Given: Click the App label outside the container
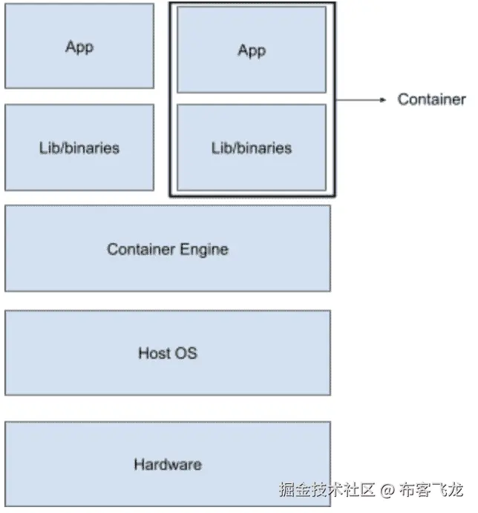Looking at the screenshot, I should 79,47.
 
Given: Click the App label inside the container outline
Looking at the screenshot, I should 252,50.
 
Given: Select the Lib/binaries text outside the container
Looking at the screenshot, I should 79,148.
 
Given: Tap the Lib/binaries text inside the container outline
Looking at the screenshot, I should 252,148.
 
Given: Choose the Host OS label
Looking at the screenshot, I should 168,353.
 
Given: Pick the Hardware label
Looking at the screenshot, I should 168,465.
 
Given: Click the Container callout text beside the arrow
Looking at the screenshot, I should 431,99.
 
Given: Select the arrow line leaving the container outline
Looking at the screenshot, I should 356,99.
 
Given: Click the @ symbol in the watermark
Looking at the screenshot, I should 387,490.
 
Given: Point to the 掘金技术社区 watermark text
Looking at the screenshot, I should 328,490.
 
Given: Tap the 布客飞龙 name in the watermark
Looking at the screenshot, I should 431,490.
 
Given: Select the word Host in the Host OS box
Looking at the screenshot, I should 154,353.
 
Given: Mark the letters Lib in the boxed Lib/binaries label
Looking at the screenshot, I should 221,148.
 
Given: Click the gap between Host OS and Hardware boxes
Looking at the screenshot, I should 168,408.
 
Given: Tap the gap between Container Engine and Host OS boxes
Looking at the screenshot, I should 168,301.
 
